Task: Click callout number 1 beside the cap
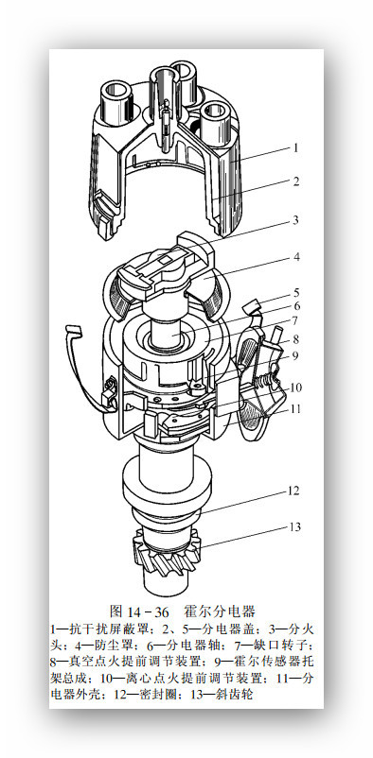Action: click(x=295, y=147)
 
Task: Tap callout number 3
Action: click(x=295, y=220)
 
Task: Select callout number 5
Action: click(x=296, y=293)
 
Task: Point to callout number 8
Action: click(x=296, y=339)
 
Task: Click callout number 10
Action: click(x=295, y=388)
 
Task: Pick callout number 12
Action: click(x=293, y=491)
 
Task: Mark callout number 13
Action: click(x=295, y=526)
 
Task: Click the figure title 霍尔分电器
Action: click(x=220, y=612)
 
